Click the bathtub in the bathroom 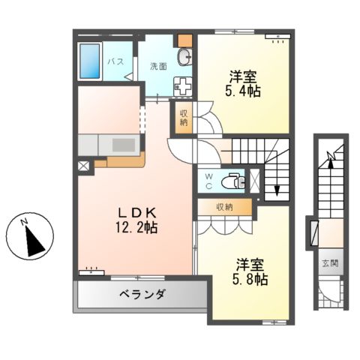pyautogui.click(x=91, y=61)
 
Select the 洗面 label pyautogui.click(x=157, y=65)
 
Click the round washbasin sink pyautogui.click(x=184, y=58)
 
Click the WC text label pyautogui.click(x=211, y=180)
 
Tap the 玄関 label pyautogui.click(x=330, y=264)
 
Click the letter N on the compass pyautogui.click(x=24, y=221)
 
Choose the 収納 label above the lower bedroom pyautogui.click(x=223, y=206)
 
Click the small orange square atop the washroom pyautogui.click(x=184, y=40)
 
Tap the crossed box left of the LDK pyautogui.click(x=82, y=166)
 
